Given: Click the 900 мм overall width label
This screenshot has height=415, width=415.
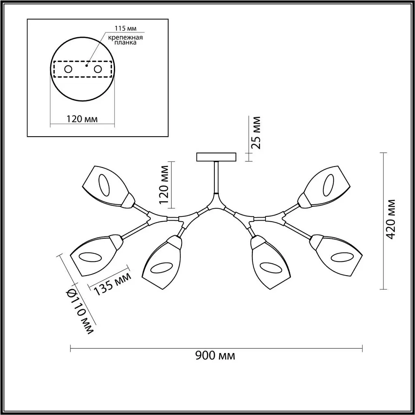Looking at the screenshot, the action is tap(215, 355).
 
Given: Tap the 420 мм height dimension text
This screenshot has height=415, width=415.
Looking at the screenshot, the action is tap(390, 219).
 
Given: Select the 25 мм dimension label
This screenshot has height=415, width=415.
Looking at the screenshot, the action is tap(256, 133).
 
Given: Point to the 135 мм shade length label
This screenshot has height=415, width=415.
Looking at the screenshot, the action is tap(112, 284).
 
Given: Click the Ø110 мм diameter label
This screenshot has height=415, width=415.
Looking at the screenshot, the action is tap(79, 311).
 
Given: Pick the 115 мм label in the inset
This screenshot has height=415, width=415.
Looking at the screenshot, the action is tap(126, 28).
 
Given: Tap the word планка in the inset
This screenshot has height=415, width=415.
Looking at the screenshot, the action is tap(126, 43).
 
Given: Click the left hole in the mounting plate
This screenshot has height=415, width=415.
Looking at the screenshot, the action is tap(68, 69).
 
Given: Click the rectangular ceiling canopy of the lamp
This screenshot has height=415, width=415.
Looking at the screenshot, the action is tap(216, 157).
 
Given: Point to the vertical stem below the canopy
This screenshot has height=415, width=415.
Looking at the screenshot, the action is tap(216, 178).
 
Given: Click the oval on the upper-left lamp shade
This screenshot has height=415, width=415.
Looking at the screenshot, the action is tap(104, 185).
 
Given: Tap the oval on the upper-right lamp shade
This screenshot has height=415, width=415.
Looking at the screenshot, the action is tap(328, 185).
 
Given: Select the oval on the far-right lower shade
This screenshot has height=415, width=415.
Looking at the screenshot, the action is tap(342, 258).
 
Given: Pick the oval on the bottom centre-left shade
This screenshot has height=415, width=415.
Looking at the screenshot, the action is tap(161, 268).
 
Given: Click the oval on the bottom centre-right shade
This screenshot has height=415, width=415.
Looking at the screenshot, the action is tap(271, 268).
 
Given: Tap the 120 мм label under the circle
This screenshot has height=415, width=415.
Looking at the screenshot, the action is tap(82, 119).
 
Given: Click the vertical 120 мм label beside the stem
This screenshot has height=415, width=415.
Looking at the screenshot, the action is tap(164, 184).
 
